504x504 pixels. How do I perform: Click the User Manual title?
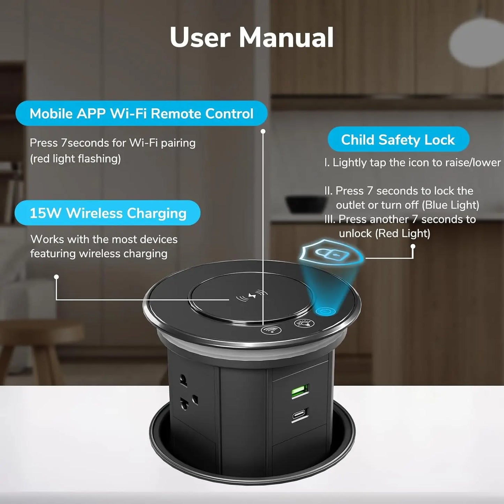point(251,37)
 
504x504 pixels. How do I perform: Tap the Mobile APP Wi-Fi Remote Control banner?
point(141,113)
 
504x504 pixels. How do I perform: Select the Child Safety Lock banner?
point(398,140)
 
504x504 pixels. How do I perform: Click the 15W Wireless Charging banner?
point(108,213)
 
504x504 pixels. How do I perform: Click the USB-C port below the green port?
point(300,415)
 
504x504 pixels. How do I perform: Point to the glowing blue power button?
point(325,311)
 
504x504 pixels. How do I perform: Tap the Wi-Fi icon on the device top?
point(271,330)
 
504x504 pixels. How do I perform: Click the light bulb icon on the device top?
point(302,323)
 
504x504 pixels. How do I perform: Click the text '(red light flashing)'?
point(75,159)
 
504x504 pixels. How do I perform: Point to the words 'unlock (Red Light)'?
point(384,233)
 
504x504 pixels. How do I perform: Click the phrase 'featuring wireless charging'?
point(99,254)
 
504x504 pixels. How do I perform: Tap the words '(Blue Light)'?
point(450,205)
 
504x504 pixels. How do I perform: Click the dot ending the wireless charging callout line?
point(56,277)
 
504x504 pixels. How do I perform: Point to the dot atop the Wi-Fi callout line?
point(263,131)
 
